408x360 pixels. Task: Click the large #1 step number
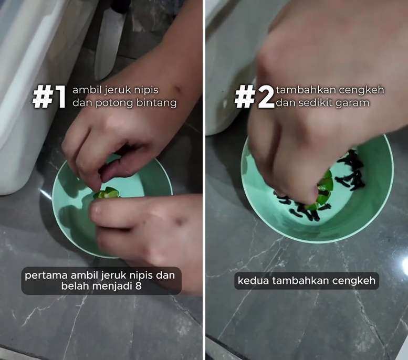coord(50,97)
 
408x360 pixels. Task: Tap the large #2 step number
coord(255,97)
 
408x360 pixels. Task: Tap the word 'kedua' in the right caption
coord(251,281)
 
